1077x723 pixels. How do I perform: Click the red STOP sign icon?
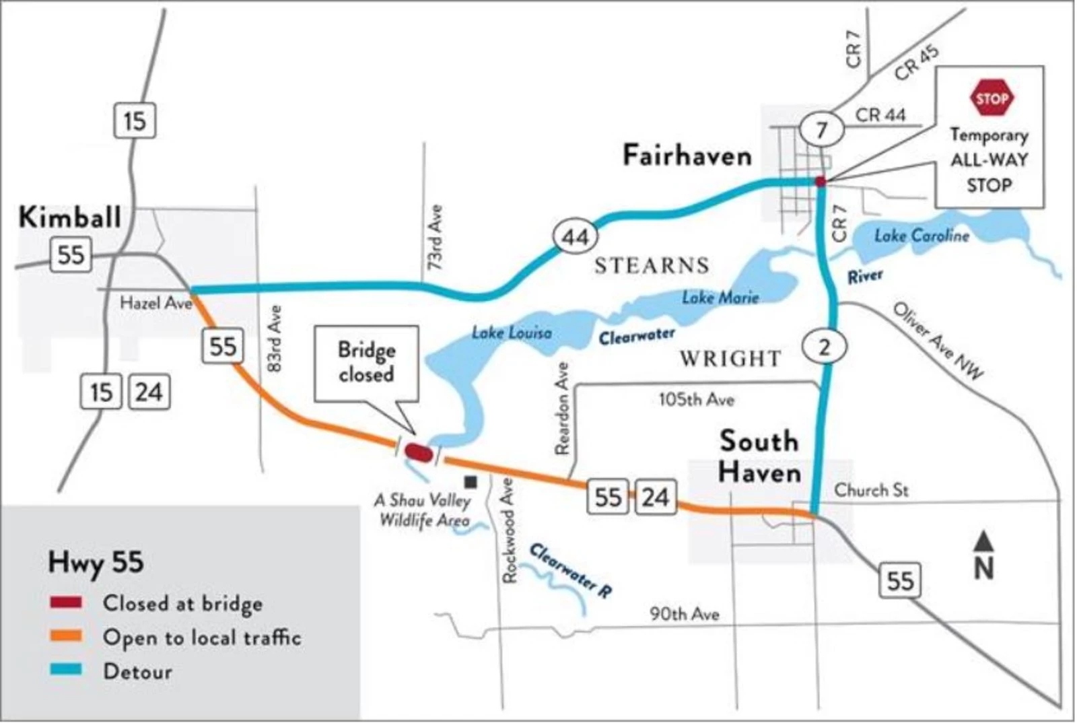pos(991,98)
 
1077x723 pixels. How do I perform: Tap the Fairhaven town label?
pos(687,156)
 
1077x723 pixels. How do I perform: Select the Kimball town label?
pos(70,217)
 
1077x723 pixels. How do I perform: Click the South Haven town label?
pos(760,456)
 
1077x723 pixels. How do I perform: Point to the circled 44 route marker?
pos(576,237)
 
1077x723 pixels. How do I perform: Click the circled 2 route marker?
pos(824,347)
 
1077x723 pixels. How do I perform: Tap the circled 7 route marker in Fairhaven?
pos(821,129)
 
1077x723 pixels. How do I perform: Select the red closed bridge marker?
pos(419,452)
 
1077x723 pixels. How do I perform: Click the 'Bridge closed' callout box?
pos(367,363)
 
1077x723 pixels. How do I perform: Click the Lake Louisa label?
pos(512,332)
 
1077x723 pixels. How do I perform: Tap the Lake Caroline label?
pos(922,236)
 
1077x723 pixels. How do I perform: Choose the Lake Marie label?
pos(720,297)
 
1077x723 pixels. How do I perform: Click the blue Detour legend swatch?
pos(66,670)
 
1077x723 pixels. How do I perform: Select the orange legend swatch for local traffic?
pos(66,636)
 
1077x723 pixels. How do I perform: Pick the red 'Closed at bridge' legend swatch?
pos(66,602)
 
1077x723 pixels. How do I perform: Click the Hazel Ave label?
pos(155,303)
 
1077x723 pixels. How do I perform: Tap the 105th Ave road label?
pos(696,400)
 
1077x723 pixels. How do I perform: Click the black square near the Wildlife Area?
pos(471,482)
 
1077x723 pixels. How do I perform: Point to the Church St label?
pos(871,489)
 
